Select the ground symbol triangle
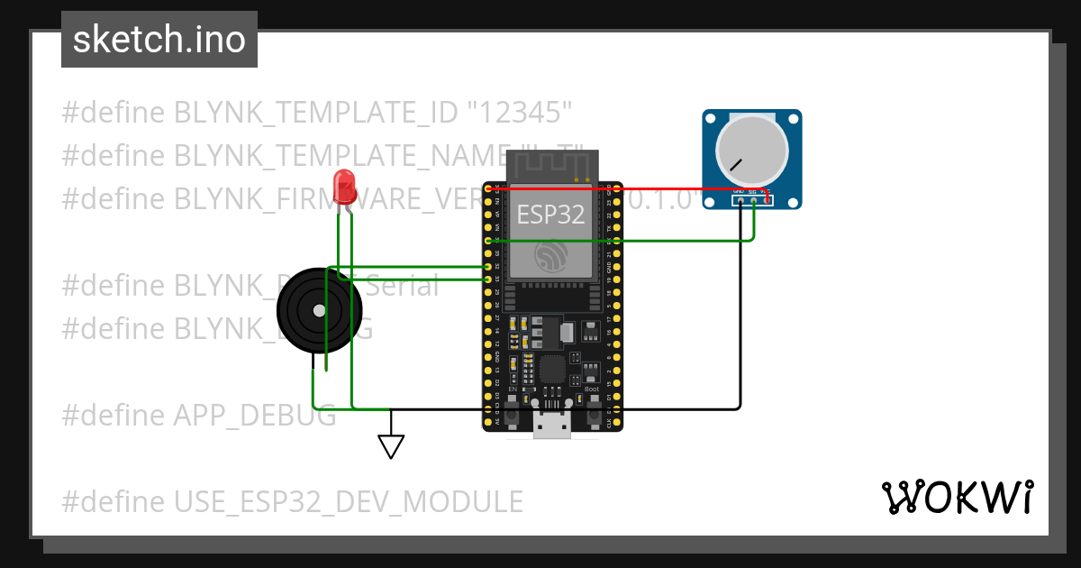coord(391,446)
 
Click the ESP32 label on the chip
coord(550,215)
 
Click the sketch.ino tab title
coord(159,40)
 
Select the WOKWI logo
coord(957,497)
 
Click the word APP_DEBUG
coord(254,416)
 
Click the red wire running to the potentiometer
coord(631,189)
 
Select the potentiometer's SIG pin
coord(753,200)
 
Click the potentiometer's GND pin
coord(740,200)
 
